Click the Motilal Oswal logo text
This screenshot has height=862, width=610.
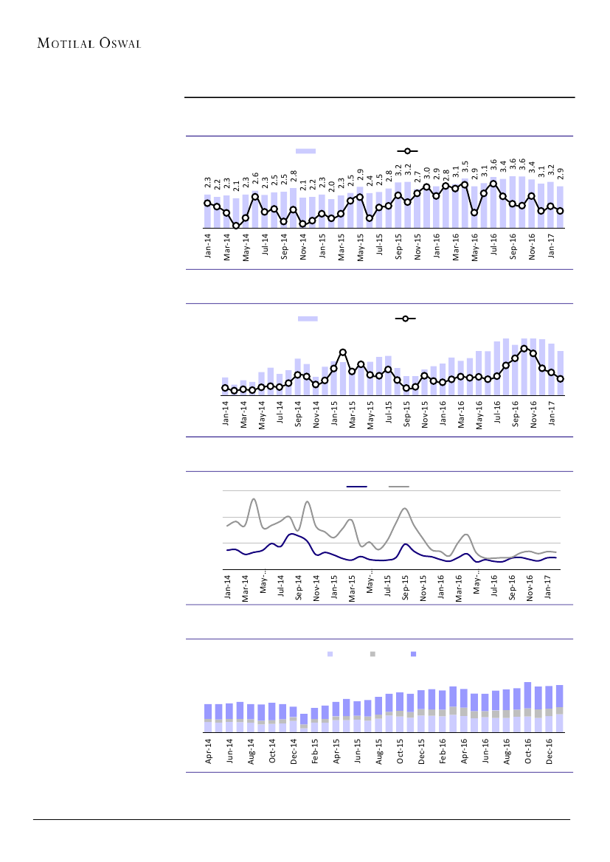(x=89, y=42)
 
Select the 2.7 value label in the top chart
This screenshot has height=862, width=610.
(x=417, y=175)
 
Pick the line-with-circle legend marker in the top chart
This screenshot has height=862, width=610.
(x=407, y=150)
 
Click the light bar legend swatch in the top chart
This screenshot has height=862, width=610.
(x=305, y=150)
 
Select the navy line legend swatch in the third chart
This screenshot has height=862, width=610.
(x=357, y=487)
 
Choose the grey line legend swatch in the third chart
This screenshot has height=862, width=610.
(x=399, y=487)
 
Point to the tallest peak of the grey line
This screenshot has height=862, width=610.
(x=254, y=500)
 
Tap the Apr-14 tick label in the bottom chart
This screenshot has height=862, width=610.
(x=209, y=749)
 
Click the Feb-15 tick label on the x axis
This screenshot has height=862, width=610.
(x=315, y=749)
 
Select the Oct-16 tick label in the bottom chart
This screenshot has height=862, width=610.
(x=528, y=749)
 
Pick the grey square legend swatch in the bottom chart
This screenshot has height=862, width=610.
(x=372, y=654)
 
